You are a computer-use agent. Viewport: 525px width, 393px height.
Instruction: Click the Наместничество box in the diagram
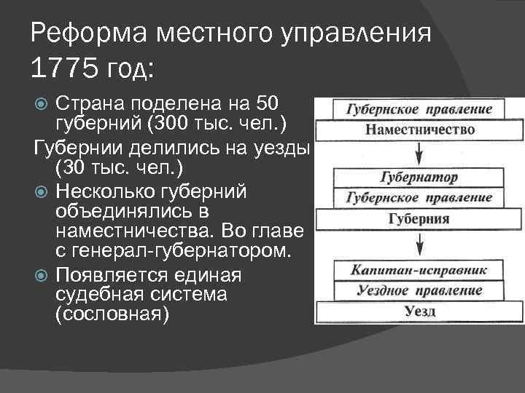coord(419,130)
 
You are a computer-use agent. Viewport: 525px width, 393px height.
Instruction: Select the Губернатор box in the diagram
coord(419,177)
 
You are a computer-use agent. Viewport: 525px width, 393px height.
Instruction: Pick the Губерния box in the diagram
coord(419,218)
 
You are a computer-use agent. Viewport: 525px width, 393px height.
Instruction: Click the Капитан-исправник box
coord(419,270)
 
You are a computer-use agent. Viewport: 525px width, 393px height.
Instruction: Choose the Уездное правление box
coord(419,290)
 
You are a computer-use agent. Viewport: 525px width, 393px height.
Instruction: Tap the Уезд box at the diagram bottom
coord(419,312)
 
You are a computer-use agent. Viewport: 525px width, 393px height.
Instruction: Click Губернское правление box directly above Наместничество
coord(419,110)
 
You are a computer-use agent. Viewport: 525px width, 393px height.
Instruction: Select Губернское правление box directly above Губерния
coord(419,197)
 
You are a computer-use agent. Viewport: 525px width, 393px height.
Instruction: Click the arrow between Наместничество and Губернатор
coord(419,154)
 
